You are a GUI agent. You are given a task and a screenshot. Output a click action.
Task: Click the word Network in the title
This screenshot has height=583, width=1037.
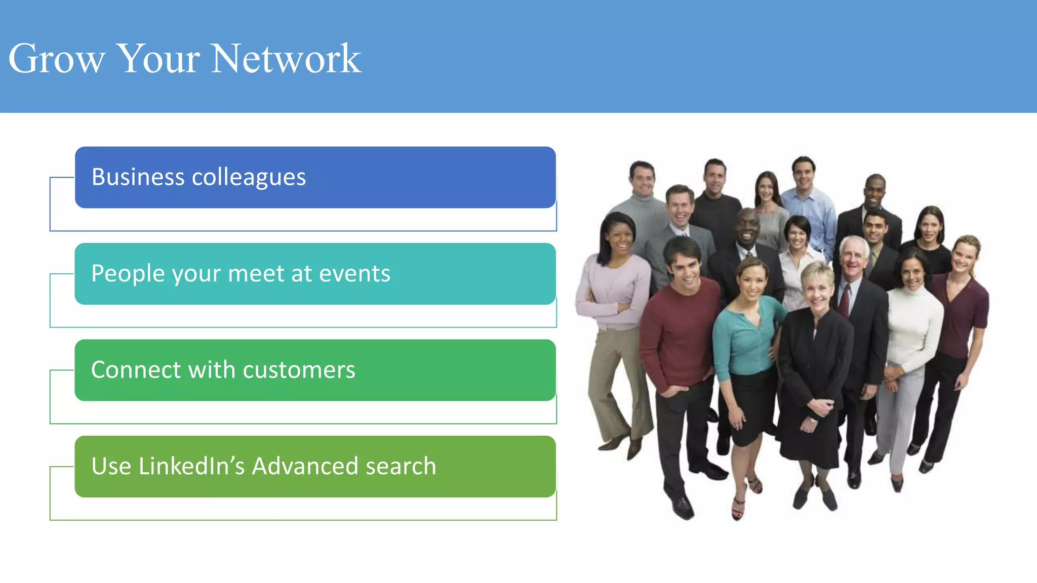click(x=286, y=59)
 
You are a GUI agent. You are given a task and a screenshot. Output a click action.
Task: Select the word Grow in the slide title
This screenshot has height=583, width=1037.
click(x=56, y=59)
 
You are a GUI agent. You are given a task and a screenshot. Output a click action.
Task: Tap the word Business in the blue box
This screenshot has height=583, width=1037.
click(x=138, y=177)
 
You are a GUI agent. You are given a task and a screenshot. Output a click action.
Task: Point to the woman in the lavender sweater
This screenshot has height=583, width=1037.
click(x=614, y=294)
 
